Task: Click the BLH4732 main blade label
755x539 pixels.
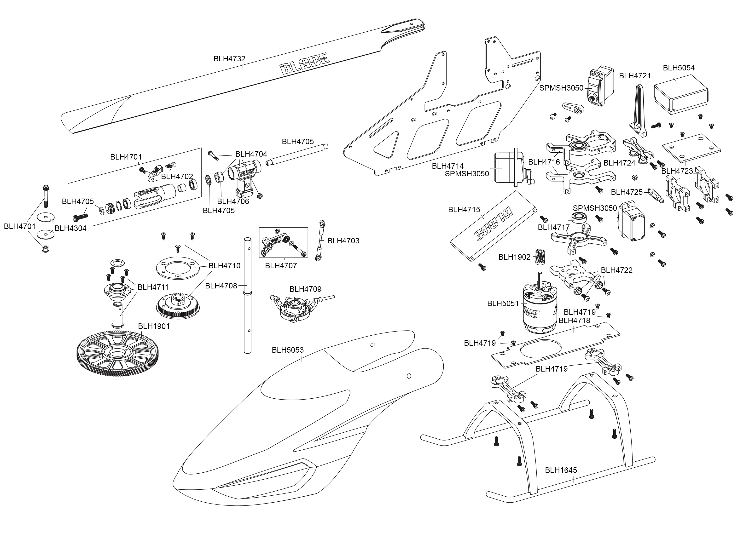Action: click(229, 59)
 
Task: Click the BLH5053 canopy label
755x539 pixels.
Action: click(288, 350)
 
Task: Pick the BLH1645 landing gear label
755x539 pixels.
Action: click(561, 470)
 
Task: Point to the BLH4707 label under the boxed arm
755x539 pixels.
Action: click(281, 266)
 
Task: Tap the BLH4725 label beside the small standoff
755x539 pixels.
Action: click(627, 192)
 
